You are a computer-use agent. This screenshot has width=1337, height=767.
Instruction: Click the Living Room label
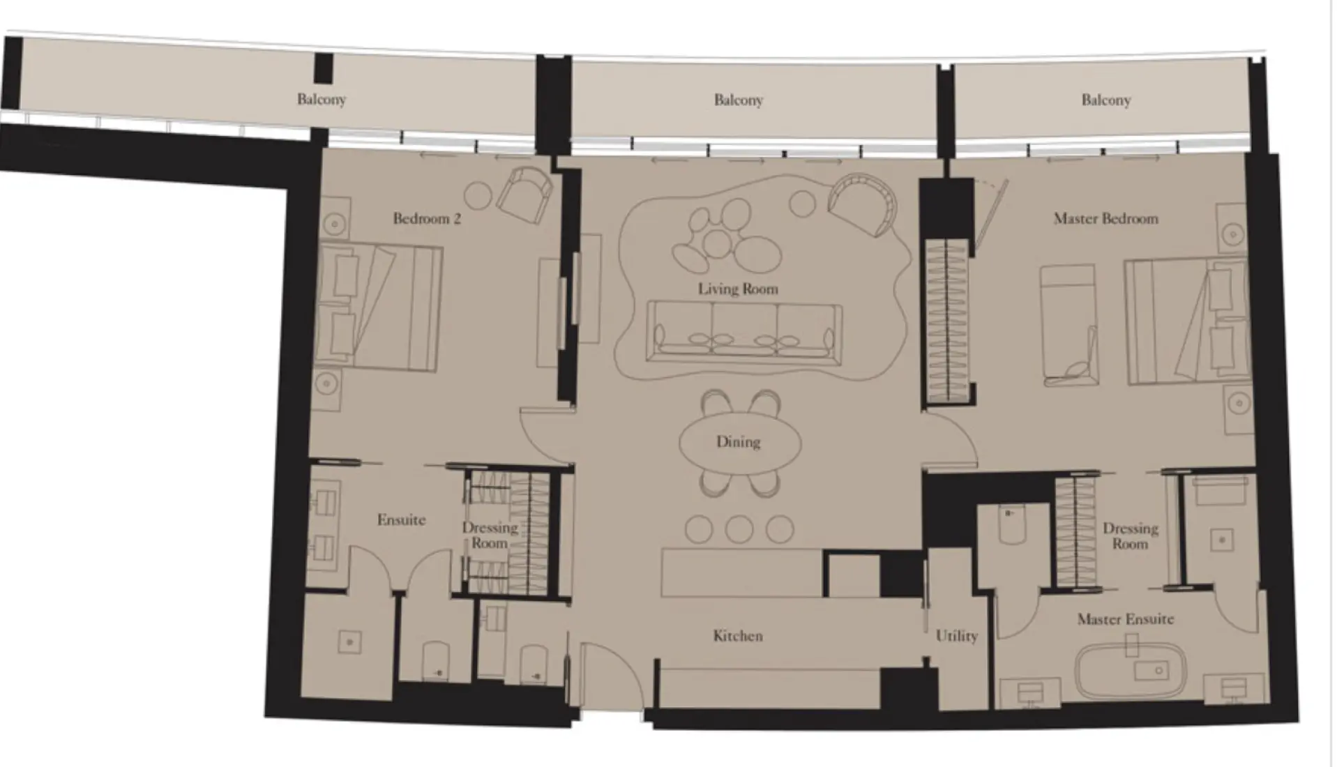pos(738,289)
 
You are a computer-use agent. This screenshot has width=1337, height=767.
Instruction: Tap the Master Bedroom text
pos(1105,219)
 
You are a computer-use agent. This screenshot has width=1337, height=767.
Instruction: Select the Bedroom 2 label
pos(426,219)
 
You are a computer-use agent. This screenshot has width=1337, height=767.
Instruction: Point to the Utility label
pos(956,636)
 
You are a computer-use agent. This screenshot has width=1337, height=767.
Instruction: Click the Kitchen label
pos(738,636)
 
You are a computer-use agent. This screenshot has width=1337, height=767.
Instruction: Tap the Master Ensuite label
pos(1125,619)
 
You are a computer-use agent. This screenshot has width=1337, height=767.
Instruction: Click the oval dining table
pos(739,442)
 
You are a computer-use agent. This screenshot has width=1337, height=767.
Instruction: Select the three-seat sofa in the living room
pos(743,332)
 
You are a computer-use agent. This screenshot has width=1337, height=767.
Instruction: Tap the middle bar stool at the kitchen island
pos(739,529)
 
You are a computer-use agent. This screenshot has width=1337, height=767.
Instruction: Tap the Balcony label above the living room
pos(738,100)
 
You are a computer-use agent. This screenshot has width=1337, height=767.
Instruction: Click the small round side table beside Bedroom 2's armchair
pos(478,195)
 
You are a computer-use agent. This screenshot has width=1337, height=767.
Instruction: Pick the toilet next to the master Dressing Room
pos(1009,527)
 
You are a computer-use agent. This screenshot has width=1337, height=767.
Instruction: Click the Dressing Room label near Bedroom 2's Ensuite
pos(489,535)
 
